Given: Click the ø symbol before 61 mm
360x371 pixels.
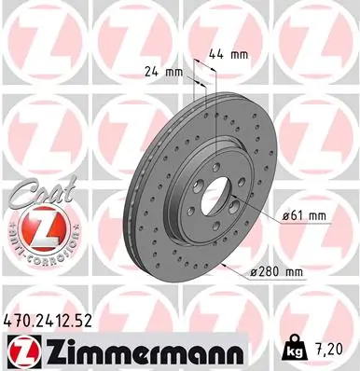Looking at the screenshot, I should coord(284,215).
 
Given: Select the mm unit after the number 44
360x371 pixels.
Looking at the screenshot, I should coord(240,54).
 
